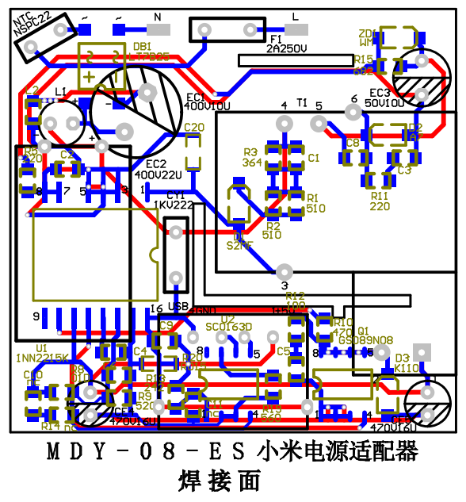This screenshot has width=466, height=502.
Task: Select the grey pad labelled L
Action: (296, 30)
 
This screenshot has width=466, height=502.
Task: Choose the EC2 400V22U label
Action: (158, 169)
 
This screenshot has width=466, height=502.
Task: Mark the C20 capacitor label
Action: (194, 127)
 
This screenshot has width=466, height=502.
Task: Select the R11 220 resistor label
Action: (380, 201)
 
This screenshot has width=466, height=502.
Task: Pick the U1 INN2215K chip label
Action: (41, 353)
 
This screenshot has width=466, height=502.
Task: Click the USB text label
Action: (179, 308)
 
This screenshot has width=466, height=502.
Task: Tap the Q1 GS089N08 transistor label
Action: (366, 335)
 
